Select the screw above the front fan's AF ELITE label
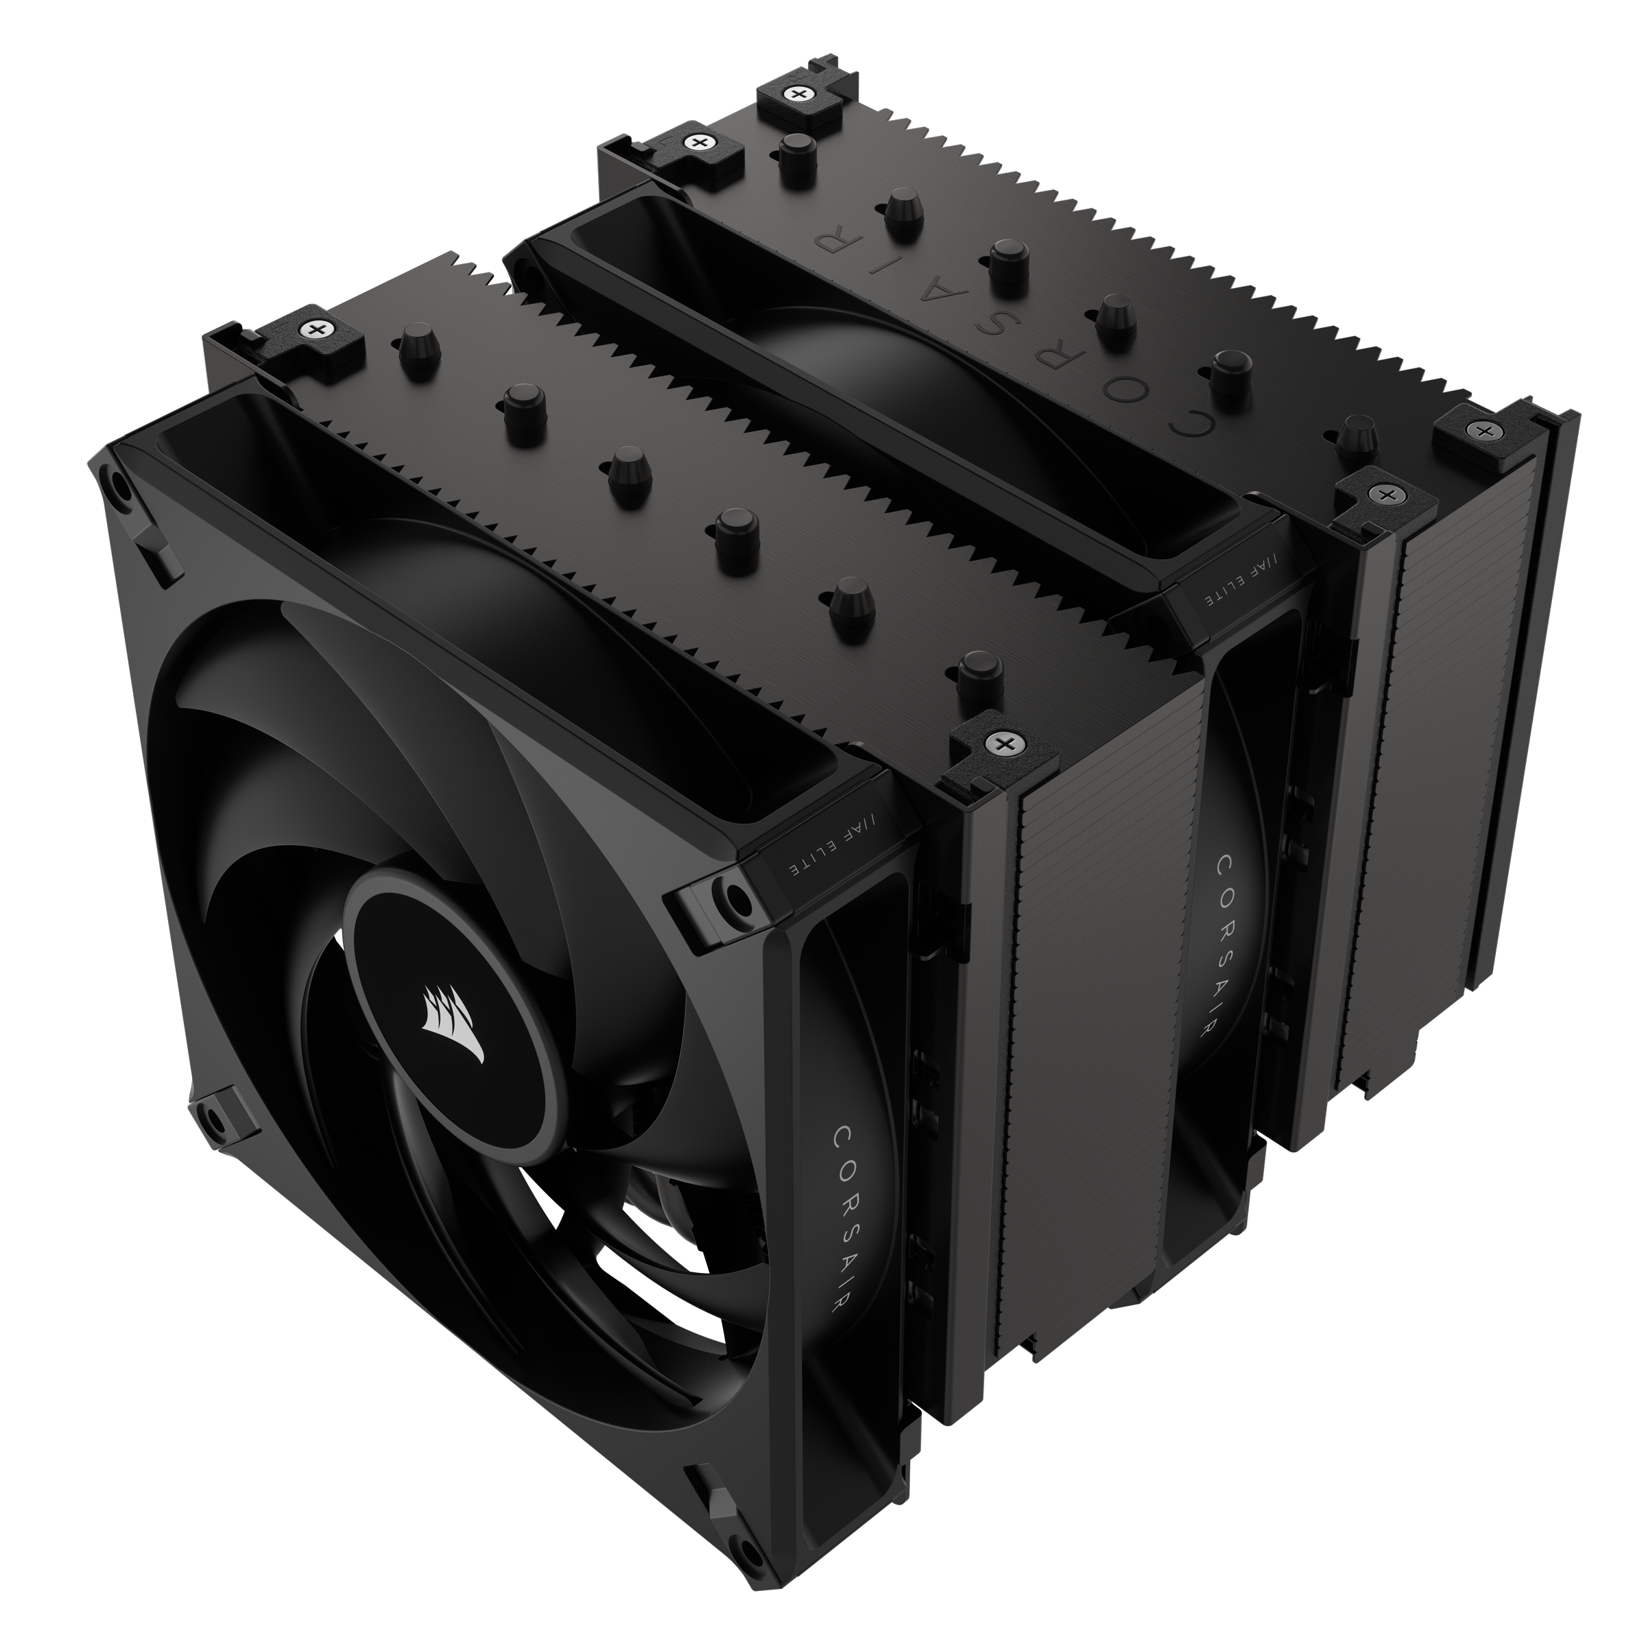(x=999, y=743)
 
